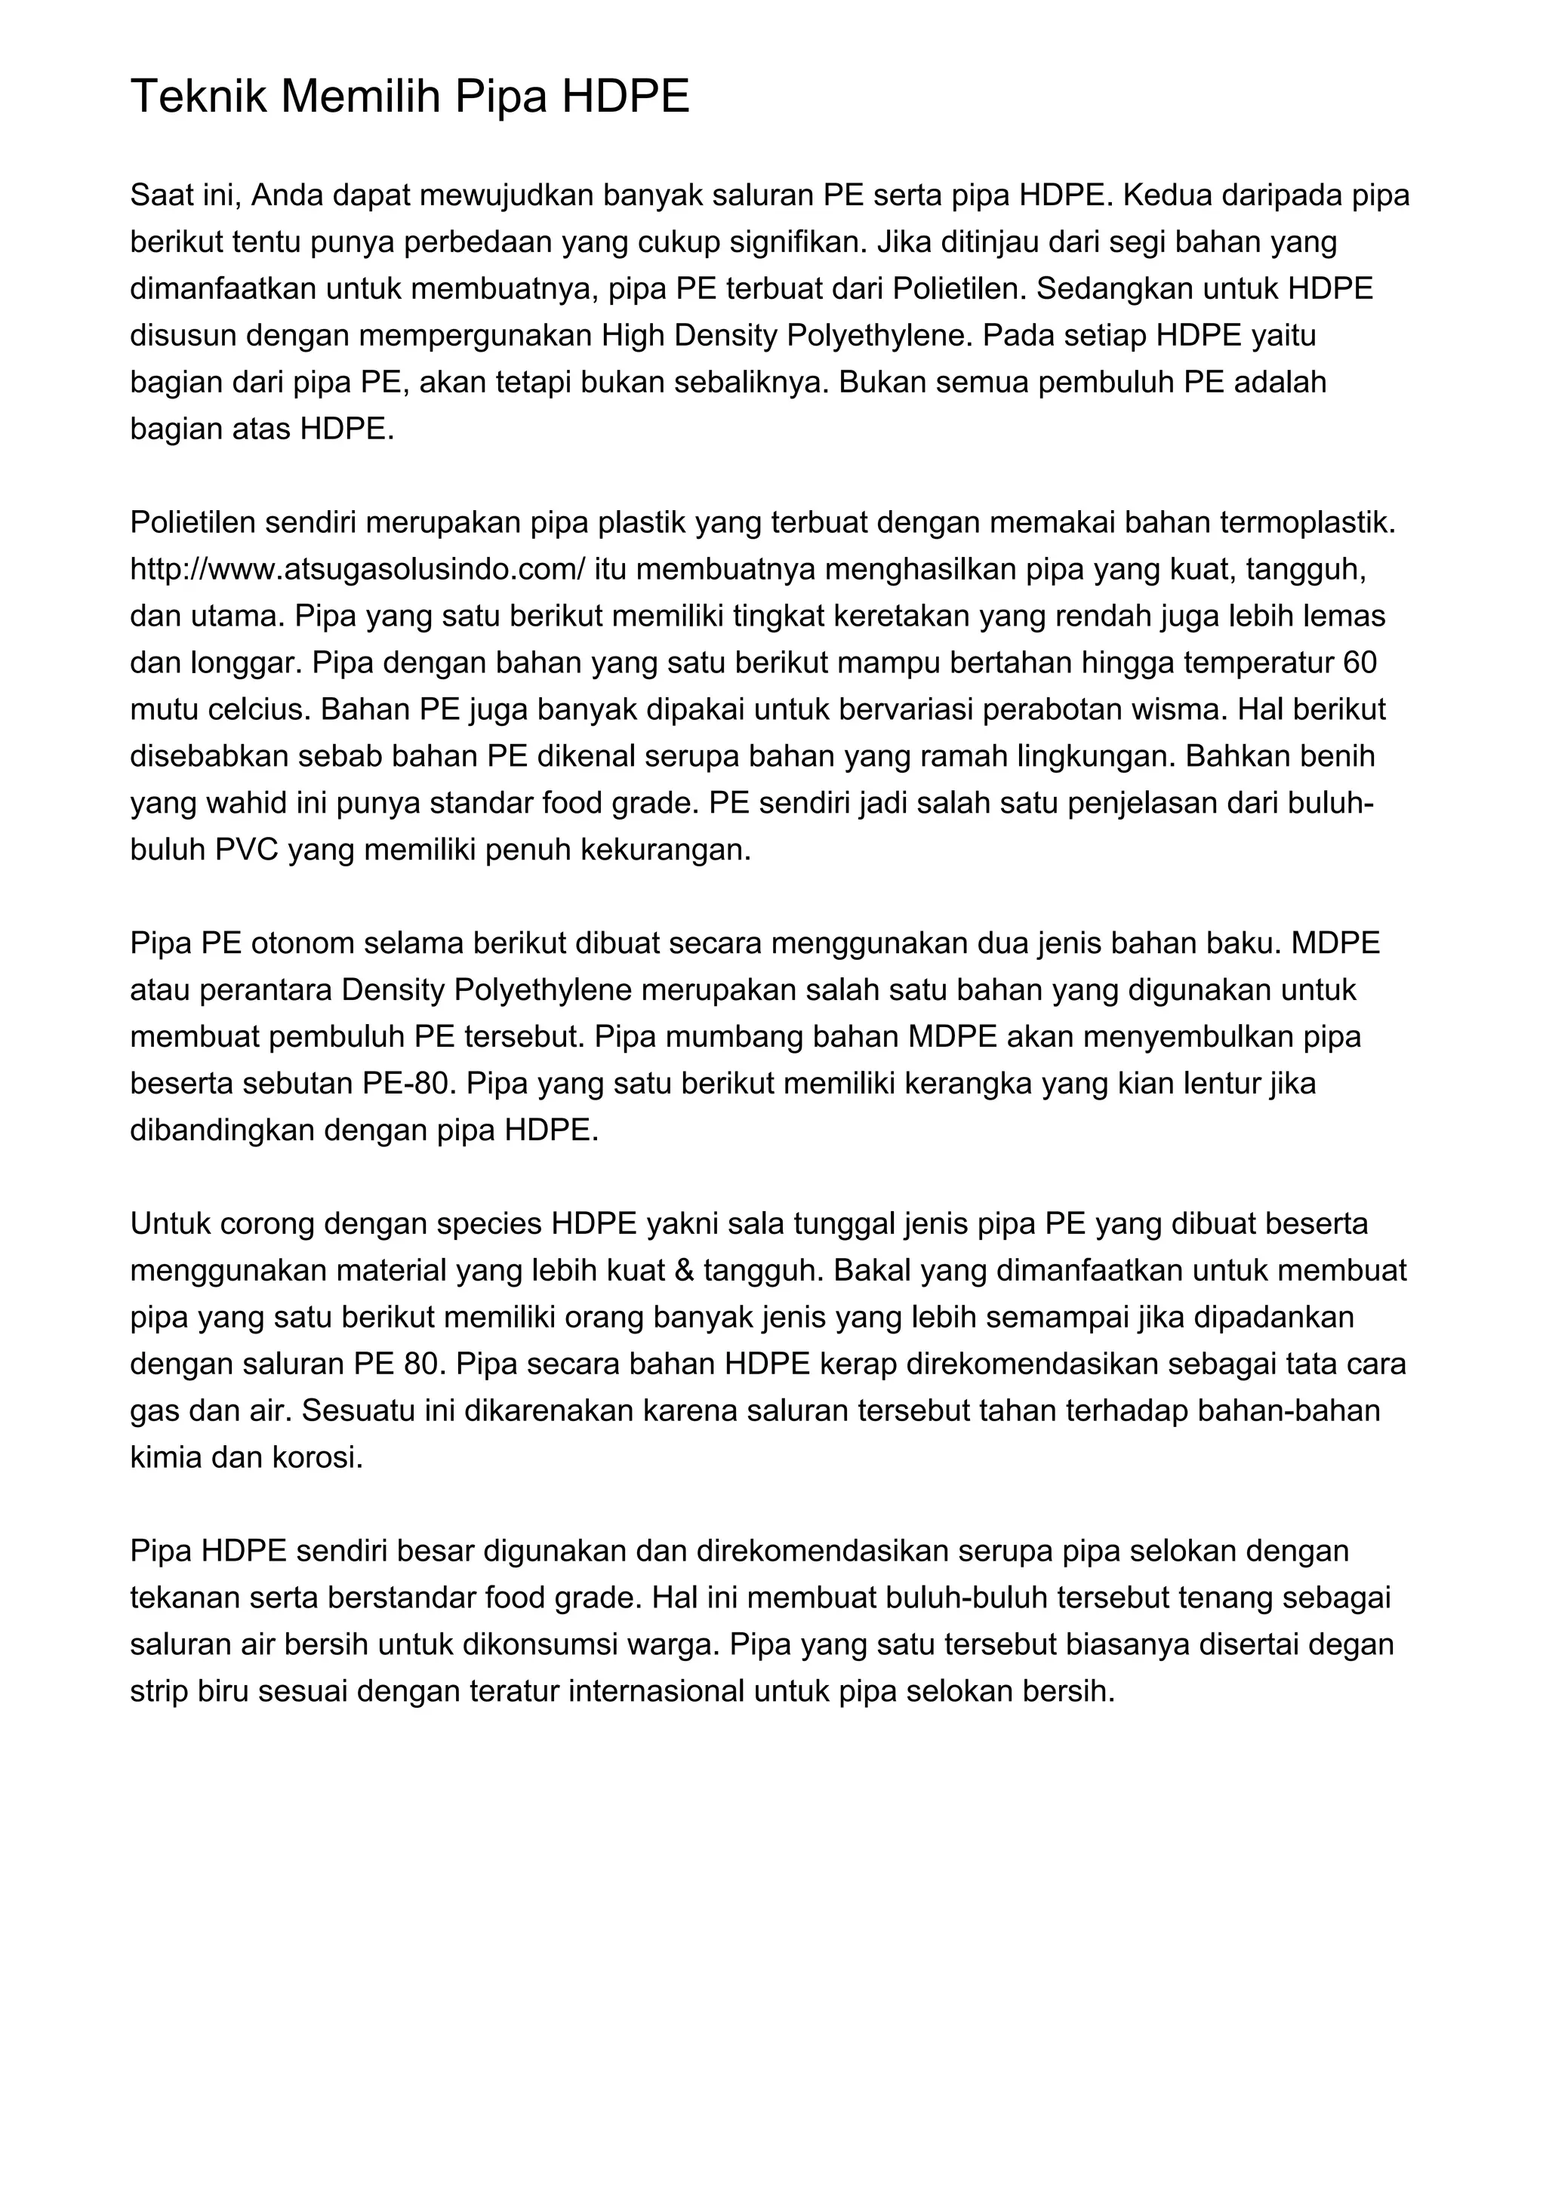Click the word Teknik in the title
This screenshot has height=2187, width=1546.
[x=198, y=97]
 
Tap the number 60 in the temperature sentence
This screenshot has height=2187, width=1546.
[x=1360, y=663]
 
